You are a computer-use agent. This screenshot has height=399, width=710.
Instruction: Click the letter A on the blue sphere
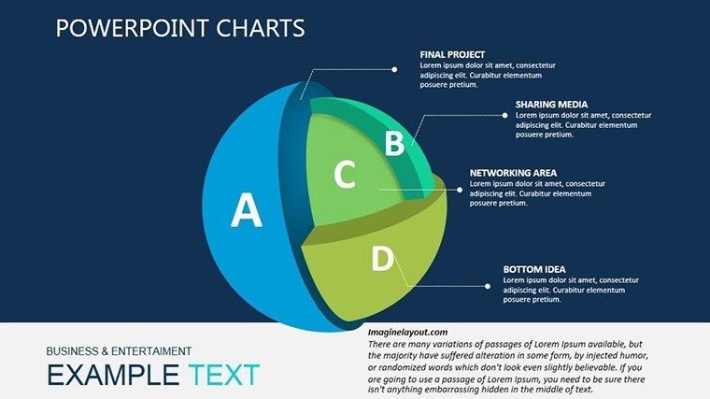[x=247, y=210]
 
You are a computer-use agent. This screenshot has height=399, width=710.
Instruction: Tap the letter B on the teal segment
[x=394, y=143]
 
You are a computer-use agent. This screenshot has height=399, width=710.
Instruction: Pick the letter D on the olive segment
[x=381, y=259]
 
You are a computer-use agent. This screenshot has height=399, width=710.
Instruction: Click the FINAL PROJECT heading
[x=452, y=54]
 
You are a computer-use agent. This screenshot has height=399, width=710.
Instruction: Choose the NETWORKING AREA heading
[x=513, y=173]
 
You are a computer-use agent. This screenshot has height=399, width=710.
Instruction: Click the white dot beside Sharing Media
[x=505, y=115]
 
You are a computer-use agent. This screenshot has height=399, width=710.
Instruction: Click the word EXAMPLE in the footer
[x=110, y=376]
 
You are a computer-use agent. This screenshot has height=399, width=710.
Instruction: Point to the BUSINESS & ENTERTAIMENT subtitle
[x=119, y=351]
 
